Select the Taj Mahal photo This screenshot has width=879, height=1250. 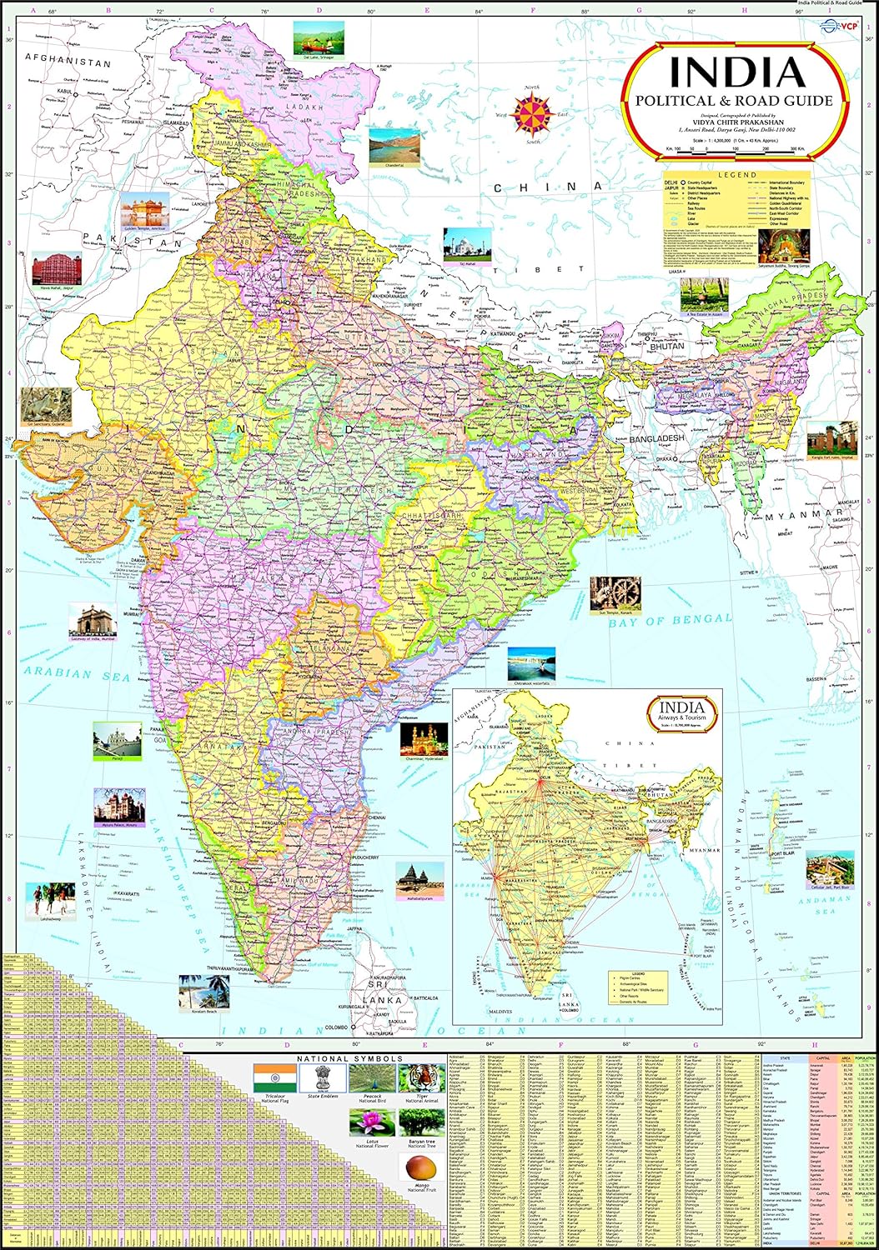click(467, 244)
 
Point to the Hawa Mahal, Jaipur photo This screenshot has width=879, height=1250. click(57, 269)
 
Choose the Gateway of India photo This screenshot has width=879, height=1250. click(93, 622)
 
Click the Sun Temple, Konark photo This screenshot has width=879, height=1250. click(615, 592)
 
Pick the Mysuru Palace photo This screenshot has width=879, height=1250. click(118, 804)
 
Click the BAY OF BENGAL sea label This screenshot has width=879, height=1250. click(670, 620)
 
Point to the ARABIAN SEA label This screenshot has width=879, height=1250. click(77, 672)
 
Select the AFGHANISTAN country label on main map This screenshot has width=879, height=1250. click(68, 61)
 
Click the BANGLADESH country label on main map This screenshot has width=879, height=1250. click(656, 437)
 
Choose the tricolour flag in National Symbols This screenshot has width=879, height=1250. click(269, 1075)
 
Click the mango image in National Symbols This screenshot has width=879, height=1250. click(422, 1171)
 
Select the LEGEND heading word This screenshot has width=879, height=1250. click(737, 175)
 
